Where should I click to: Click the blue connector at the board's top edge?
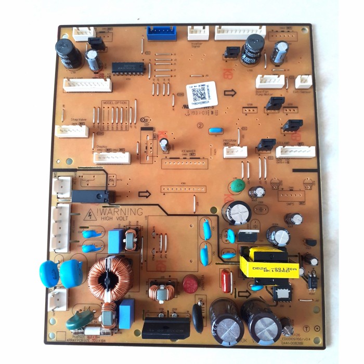coord(162,33)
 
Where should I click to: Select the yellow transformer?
coord(270,263)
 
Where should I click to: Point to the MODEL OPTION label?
coord(114,103)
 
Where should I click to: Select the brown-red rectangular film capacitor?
coord(226,280)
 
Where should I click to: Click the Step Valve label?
coord(79,120)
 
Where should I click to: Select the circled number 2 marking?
coord(199,125)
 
